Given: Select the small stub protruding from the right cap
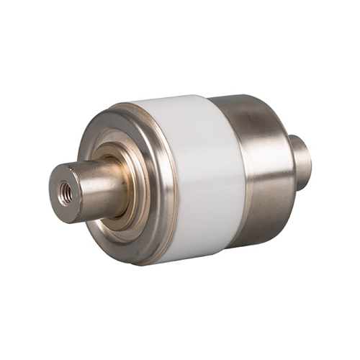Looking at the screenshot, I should coord(301,162).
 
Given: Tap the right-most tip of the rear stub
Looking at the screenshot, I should coord(312,162).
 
